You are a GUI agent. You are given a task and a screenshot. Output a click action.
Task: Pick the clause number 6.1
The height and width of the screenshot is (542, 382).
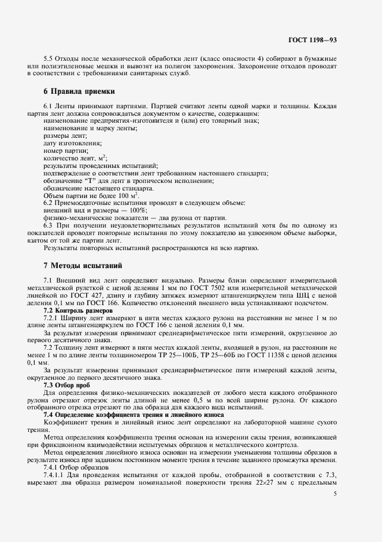click(x=49, y=107)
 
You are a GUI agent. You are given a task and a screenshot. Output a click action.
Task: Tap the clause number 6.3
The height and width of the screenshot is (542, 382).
click(x=49, y=225)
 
